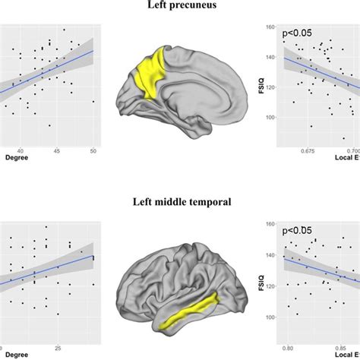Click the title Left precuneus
[x=180, y=7]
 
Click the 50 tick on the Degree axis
[x=93, y=150]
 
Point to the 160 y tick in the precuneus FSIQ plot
[x=269, y=27]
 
